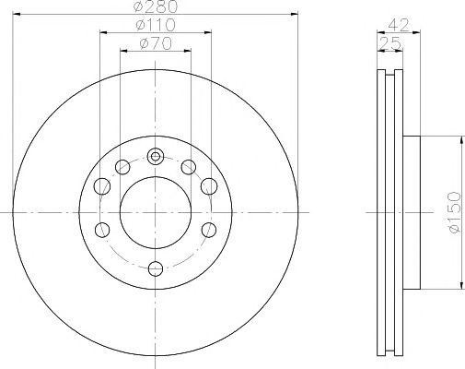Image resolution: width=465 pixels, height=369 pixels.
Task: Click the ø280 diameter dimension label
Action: (156, 6)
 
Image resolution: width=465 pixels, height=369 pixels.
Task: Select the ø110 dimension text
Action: (156, 25)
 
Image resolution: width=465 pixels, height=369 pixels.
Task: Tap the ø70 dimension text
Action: (156, 43)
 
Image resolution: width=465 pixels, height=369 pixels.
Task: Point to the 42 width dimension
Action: (399, 25)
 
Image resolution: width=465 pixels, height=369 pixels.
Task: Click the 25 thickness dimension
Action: (390, 43)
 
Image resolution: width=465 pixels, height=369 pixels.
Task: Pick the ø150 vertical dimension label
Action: (455, 212)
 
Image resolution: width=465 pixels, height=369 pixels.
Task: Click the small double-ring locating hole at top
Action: (156, 157)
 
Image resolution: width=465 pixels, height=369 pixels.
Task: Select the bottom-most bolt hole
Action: (156, 268)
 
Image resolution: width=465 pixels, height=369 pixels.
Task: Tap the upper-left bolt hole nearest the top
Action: (122, 167)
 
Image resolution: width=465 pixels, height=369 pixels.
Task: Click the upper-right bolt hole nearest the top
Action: (189, 167)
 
